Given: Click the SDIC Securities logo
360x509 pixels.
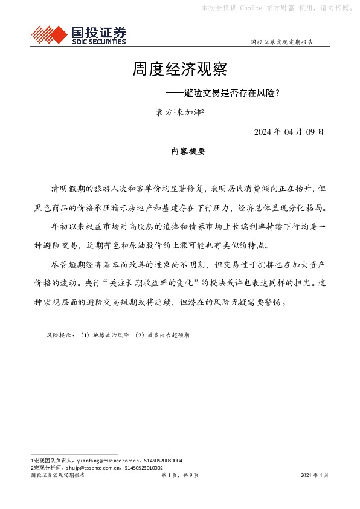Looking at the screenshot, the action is (x=79, y=34).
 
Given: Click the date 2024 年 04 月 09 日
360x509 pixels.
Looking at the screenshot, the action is (x=289, y=132).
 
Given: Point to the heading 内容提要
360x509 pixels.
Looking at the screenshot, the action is (x=188, y=152).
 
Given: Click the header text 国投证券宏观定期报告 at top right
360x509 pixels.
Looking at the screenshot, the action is (x=281, y=42).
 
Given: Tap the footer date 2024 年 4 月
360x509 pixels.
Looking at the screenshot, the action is (x=314, y=476).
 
